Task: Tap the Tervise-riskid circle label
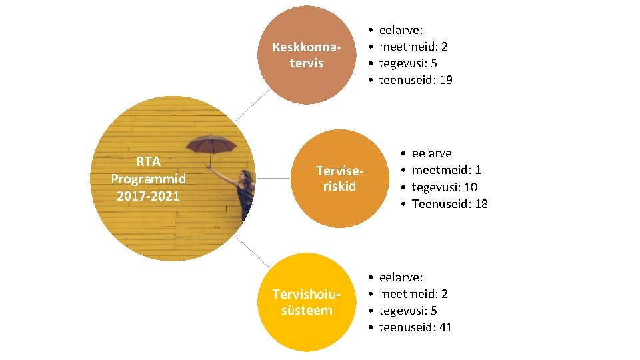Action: [x=339, y=178]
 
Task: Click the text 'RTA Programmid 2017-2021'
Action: [x=149, y=179]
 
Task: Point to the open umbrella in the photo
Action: [x=210, y=144]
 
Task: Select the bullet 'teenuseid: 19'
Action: [x=415, y=80]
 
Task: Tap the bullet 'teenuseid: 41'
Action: [x=415, y=327]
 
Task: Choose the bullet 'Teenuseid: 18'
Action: [x=449, y=204]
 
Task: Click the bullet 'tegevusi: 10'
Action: [x=444, y=187]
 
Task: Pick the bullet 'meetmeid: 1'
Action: [x=446, y=170]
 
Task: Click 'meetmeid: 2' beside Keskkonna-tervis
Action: [x=413, y=47]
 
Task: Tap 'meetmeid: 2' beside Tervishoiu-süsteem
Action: [x=413, y=293]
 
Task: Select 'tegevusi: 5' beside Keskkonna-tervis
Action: [x=408, y=63]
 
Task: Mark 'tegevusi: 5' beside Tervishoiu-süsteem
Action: [x=408, y=310]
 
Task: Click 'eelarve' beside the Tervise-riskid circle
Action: [x=431, y=153]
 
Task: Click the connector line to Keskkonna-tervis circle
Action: [x=248, y=105]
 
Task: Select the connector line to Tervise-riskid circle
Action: [x=275, y=179]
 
